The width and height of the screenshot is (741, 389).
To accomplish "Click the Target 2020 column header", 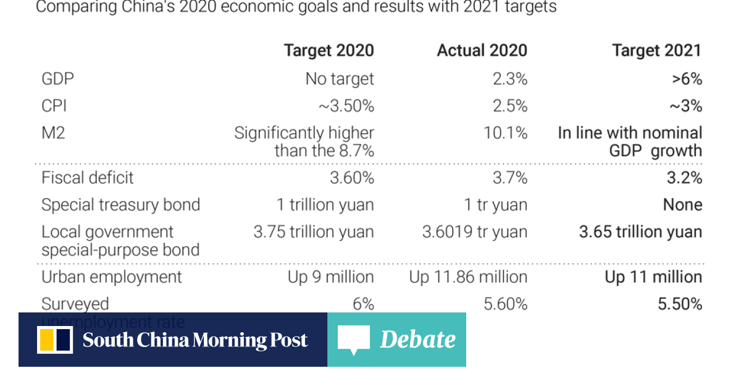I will point(329,51).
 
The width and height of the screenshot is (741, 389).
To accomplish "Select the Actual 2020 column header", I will point(482,51).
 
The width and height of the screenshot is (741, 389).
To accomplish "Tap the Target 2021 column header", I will point(656,51).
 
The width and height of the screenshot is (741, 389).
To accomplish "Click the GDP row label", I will point(58,79).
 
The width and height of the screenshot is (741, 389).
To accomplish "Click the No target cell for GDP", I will point(340,79).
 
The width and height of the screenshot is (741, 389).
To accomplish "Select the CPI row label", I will point(54,106).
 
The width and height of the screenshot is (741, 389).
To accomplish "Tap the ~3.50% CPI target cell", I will point(346,106).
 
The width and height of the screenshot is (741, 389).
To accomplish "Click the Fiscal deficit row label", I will point(88,178).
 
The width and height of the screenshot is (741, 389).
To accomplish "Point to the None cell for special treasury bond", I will point(682,205).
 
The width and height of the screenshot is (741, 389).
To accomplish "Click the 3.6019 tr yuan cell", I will point(475,232).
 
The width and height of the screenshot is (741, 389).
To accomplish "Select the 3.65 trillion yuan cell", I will point(640,232).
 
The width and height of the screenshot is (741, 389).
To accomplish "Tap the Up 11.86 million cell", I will point(468,277).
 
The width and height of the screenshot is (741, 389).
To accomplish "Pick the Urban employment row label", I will point(112,277).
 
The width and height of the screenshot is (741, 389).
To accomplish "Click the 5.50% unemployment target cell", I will point(679,304).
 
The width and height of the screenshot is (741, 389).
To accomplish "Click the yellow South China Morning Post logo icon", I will point(55,340).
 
